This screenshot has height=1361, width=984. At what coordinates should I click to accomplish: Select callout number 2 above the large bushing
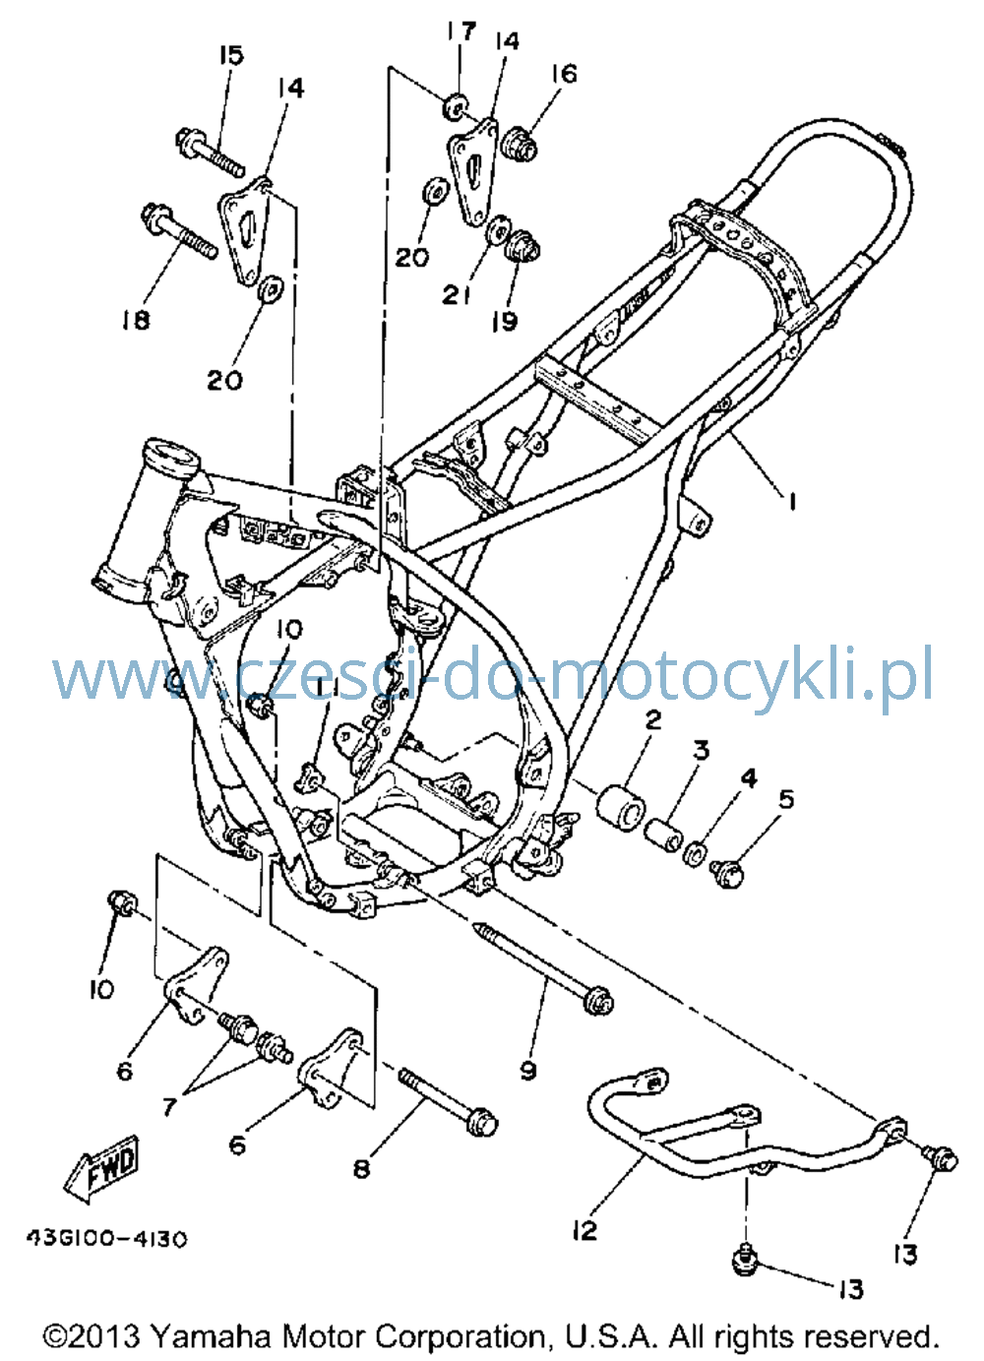(x=652, y=720)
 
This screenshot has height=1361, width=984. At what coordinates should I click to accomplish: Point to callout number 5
(x=786, y=800)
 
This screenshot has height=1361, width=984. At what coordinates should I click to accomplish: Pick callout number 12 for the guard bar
(x=584, y=1227)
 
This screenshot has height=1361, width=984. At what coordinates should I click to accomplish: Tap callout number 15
(x=231, y=55)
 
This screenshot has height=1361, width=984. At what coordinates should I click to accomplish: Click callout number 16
(x=564, y=74)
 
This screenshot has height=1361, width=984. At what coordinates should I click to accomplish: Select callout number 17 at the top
(x=461, y=31)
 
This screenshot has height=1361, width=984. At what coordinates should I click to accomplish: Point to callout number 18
(x=135, y=320)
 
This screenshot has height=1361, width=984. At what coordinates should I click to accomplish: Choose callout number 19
(x=505, y=322)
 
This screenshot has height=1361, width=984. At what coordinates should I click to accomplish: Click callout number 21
(x=457, y=295)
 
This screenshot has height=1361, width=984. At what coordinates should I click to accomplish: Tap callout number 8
(x=361, y=1168)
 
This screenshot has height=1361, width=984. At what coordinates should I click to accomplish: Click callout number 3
(x=701, y=751)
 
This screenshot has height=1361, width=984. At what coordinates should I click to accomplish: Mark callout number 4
(x=748, y=778)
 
